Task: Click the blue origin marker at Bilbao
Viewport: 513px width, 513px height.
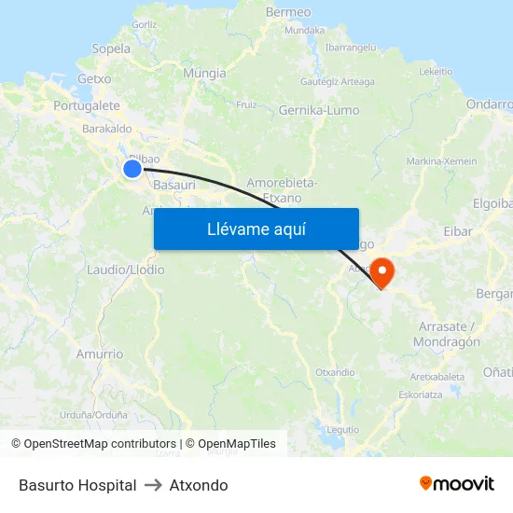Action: [x=132, y=168]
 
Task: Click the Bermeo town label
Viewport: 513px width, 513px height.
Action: [x=288, y=12]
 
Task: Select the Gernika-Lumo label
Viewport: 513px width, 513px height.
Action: [x=319, y=110]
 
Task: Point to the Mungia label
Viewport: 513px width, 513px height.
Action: [x=204, y=73]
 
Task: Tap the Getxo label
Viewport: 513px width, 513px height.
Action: [x=94, y=79]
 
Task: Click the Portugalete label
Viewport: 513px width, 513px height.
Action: [x=87, y=106]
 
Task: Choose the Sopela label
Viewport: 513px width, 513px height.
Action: [x=111, y=49]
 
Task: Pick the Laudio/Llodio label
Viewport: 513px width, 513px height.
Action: [x=125, y=270]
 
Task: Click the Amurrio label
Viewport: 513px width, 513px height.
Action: [x=100, y=354]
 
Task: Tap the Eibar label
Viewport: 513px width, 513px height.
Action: [x=458, y=231]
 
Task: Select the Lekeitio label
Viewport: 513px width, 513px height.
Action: [x=436, y=71]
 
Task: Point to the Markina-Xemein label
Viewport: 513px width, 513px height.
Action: [x=442, y=161]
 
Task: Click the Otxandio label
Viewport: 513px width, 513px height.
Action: [x=335, y=372]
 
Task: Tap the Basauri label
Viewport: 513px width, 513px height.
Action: [x=173, y=185]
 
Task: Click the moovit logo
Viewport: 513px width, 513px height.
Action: [x=456, y=483]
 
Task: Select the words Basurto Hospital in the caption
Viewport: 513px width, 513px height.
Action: [x=77, y=485]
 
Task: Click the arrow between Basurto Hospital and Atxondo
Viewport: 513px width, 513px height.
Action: [x=153, y=485]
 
